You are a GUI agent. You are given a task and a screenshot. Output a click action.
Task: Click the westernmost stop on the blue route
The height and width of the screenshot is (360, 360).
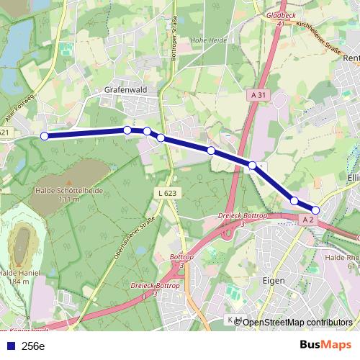pyautogui.click(x=44, y=135)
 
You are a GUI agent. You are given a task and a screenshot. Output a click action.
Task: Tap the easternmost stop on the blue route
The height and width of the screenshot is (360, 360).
pyautogui.click(x=315, y=210)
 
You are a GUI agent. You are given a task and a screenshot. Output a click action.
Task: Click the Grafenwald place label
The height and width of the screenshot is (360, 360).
pyautogui.click(x=126, y=90)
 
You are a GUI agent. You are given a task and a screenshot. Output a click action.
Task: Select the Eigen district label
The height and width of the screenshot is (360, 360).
pyautogui.click(x=274, y=280)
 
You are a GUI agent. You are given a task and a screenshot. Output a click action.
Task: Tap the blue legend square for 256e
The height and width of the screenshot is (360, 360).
pyautogui.click(x=9, y=346)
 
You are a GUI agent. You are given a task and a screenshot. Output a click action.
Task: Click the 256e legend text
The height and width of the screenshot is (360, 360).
pyautogui.click(x=33, y=346)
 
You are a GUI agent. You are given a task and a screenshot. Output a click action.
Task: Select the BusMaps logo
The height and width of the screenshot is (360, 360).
pyautogui.click(x=325, y=346)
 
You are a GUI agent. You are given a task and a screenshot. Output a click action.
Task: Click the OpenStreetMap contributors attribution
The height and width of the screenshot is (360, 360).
pyautogui.click(x=297, y=323)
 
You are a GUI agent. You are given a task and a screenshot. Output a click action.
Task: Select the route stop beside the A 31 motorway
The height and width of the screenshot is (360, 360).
pyautogui.click(x=253, y=166)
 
